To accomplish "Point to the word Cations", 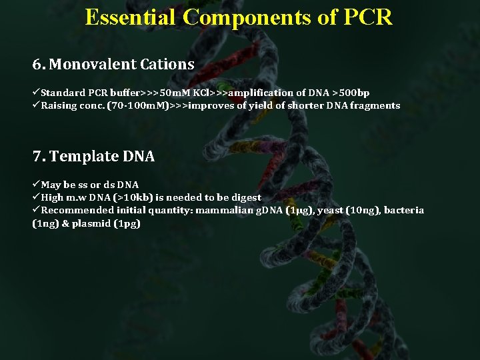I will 167,65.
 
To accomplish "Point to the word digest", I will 245,197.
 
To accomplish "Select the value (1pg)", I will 127,223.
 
